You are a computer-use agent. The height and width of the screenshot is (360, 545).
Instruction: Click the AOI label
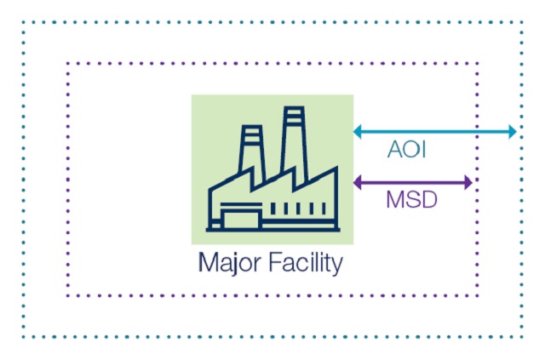[407, 151]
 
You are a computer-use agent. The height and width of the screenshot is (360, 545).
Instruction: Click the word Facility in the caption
[302, 262]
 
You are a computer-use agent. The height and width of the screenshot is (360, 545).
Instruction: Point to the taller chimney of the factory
[294, 140]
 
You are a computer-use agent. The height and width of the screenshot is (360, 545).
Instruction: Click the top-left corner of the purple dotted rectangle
[68, 63]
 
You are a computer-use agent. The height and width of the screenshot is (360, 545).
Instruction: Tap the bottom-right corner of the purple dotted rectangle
[478, 295]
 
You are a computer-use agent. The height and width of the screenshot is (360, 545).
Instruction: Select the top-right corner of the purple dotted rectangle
[478, 63]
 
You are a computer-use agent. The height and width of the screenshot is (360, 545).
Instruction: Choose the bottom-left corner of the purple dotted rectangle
[68, 295]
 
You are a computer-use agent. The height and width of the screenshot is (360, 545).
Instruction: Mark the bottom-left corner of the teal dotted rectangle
[24, 336]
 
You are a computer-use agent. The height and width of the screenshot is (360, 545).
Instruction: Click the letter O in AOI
[409, 151]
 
